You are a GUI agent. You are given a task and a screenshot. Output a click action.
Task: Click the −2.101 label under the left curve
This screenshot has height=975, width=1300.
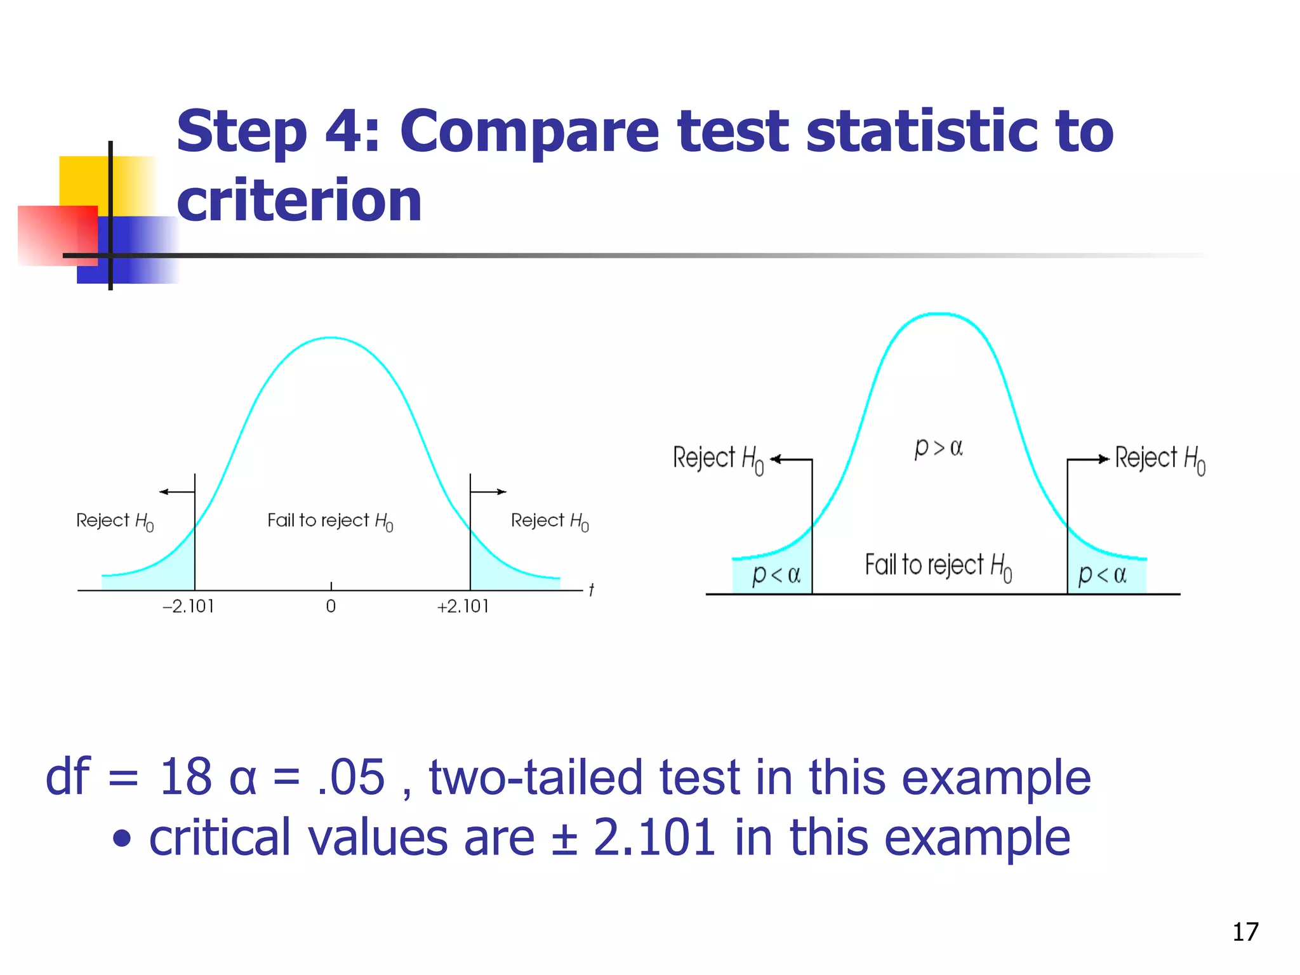pos(189,606)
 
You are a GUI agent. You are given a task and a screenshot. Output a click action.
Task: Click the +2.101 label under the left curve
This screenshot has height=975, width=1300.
pos(463,606)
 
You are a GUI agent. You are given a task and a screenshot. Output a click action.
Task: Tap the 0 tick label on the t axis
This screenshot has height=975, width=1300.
pos(331,606)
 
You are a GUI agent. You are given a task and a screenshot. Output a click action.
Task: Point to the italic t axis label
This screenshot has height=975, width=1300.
pos(591,590)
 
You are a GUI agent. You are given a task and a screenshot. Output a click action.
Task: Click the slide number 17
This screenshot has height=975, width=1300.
pos(1245,932)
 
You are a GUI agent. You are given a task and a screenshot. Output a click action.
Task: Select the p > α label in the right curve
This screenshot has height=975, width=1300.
pos(938,448)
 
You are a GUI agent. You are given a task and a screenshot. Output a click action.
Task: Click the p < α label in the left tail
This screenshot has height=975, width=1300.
pos(776,574)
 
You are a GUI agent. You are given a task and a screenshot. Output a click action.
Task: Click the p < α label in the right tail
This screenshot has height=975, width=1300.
pos(1102,574)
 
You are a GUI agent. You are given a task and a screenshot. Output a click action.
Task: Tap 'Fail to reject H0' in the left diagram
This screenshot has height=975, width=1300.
pos(330,521)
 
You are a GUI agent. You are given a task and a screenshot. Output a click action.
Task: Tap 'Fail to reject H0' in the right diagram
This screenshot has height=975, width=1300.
pos(938,566)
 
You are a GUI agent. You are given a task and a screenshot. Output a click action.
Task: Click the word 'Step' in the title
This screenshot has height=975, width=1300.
pos(241,131)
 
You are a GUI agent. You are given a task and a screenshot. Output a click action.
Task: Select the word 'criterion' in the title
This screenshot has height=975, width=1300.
pos(299,201)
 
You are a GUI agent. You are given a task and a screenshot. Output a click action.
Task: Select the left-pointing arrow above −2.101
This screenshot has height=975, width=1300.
pos(176,491)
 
